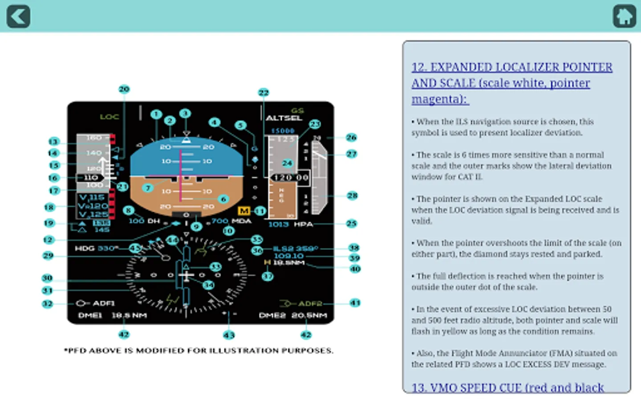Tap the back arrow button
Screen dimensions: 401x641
[18, 16]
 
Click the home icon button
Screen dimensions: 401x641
[624, 16]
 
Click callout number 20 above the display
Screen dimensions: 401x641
[124, 89]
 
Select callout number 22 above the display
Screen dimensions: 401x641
[264, 93]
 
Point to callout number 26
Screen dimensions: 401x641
[351, 137]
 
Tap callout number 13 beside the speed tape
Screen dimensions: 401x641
[53, 142]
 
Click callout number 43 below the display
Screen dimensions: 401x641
[229, 335]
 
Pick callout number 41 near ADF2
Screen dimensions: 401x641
[355, 303]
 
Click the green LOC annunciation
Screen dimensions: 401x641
[109, 117]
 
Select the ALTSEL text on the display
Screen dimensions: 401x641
[284, 118]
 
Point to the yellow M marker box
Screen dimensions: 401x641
[244, 211]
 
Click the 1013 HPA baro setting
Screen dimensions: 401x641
[291, 224]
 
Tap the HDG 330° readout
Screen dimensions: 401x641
[97, 248]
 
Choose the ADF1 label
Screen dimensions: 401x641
[103, 303]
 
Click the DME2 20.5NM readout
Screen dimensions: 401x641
[293, 315]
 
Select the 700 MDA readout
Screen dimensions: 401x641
[231, 221]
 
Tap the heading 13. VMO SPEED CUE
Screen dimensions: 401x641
[507, 388]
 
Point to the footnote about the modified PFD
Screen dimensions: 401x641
[199, 351]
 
